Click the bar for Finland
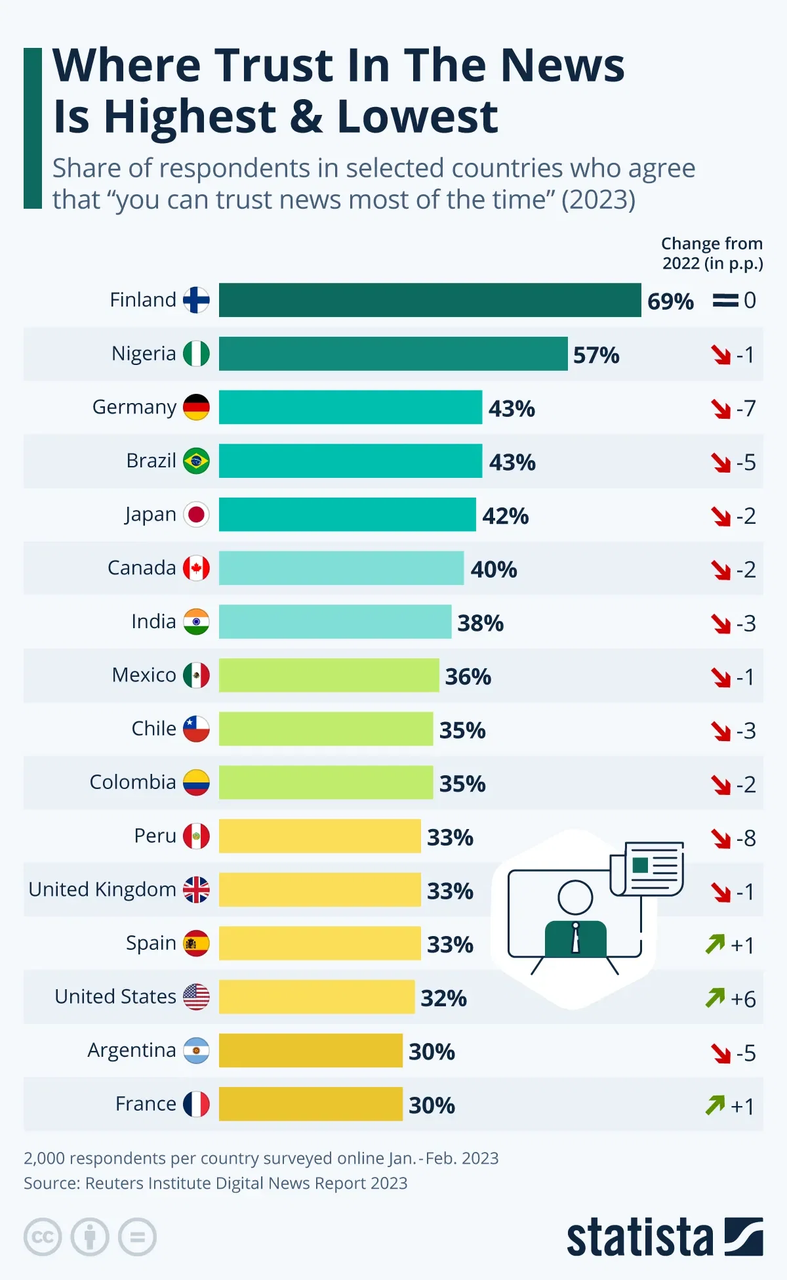430,300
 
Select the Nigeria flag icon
196,354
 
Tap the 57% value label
596,355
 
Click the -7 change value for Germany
746,409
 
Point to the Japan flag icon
196,515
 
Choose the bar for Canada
341,568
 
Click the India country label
153,622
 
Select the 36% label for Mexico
468,676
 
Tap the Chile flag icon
196,729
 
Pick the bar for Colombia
326,782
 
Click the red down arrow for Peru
721,838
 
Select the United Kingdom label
102,889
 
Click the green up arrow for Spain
715,944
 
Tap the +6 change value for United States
743,999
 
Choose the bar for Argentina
311,1050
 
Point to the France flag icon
196,1104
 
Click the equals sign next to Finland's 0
725,301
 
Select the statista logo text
639,1238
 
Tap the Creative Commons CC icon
43,1237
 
